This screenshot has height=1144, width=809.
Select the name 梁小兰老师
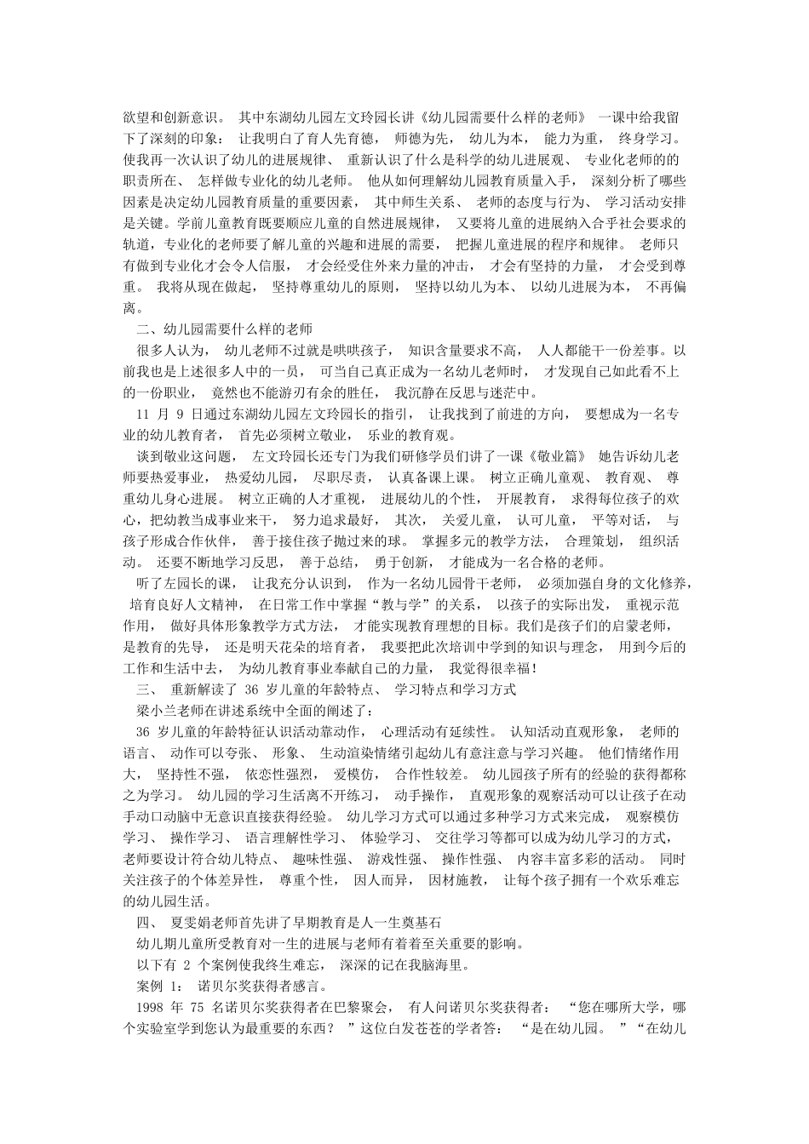tap(170, 709)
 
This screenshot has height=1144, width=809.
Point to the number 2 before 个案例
tap(187, 964)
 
